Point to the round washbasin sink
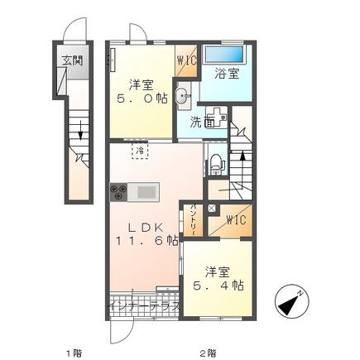click(182, 94)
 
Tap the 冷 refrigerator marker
click(142, 151)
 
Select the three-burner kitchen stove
click(116, 193)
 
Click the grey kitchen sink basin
click(146, 193)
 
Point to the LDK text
click(141, 225)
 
